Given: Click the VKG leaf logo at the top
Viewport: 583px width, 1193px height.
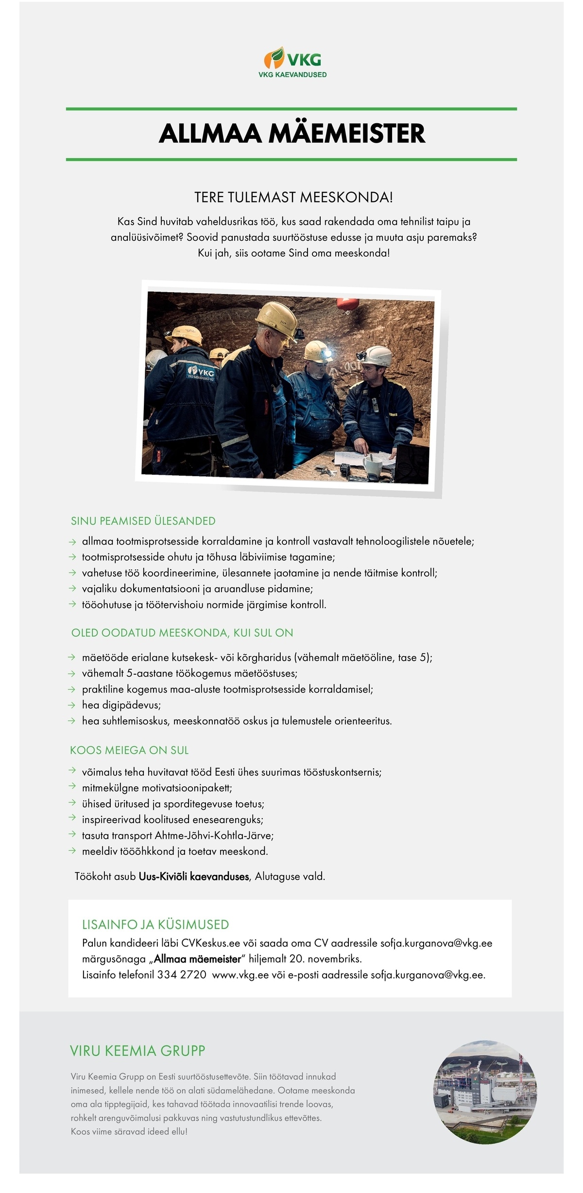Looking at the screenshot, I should coord(274,58).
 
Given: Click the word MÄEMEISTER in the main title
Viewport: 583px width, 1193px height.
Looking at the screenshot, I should coord(346,133).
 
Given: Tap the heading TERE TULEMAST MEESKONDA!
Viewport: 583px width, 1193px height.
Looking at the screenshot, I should coord(293,198).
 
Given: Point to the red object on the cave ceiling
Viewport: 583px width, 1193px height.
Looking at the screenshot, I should coord(348,304).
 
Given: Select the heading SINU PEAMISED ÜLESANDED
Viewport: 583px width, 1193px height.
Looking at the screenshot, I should coord(143,521).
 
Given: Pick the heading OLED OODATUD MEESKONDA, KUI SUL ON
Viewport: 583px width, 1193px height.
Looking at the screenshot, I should coord(182,633).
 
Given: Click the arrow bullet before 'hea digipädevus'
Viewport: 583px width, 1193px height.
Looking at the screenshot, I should coord(72,705).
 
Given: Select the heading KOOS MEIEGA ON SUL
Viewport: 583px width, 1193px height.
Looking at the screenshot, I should coord(129,750).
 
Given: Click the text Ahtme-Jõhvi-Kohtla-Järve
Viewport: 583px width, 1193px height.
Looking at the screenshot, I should coord(214,835).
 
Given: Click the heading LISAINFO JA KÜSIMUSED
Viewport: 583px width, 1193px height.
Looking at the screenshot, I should coord(155,924).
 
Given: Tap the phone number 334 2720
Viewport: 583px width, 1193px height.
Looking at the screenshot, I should coord(182,975).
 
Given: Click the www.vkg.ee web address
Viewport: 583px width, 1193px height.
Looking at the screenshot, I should coord(240,975).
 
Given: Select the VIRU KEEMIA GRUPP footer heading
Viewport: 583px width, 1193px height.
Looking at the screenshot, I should coord(137,1051).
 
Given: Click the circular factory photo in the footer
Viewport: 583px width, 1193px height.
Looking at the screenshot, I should coord(485,1092).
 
